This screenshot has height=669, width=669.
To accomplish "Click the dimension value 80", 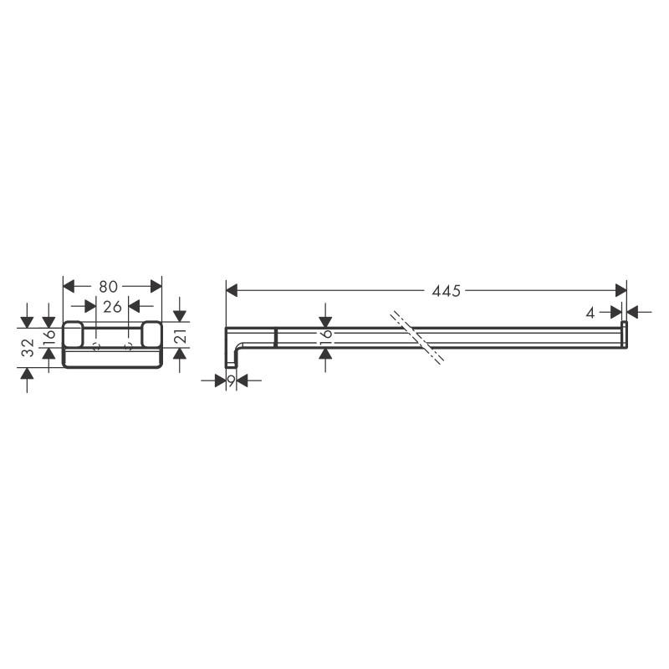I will (108, 286).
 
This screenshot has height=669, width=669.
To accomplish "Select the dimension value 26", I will (112, 306).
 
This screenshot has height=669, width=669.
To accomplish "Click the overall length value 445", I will (447, 291).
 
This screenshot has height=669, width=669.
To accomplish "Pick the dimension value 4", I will (590, 312).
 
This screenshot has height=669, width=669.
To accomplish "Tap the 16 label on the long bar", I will (326, 335).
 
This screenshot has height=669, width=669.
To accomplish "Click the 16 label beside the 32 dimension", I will (49, 336).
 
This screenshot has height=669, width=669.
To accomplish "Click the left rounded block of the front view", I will (73, 334).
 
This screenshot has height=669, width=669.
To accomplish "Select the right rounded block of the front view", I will (151, 334).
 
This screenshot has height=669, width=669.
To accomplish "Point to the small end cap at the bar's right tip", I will (624, 334).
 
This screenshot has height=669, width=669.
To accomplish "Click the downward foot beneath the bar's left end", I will (231, 361).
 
